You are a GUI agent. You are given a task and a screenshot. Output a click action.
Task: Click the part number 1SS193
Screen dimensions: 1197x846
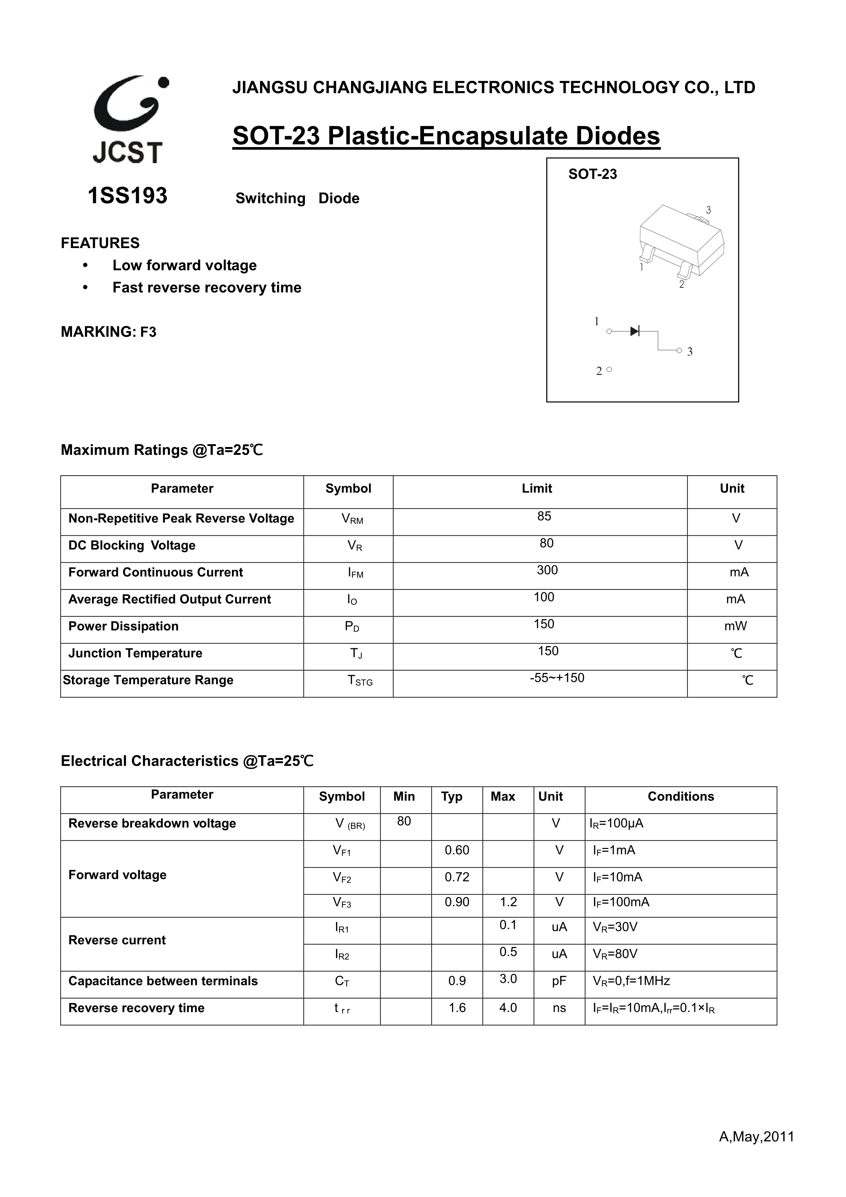click(128, 196)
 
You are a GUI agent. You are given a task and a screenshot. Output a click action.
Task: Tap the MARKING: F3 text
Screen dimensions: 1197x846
click(108, 332)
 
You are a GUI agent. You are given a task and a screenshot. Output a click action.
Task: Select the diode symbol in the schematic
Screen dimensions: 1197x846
click(634, 331)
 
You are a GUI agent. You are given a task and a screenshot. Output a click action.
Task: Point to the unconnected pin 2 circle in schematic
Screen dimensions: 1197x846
click(609, 370)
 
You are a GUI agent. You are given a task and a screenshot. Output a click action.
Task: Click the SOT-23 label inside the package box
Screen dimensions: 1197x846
click(592, 174)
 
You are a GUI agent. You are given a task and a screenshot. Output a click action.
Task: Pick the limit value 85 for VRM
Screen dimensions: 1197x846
click(544, 516)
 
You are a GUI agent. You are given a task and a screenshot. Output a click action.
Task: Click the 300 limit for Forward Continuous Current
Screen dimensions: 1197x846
click(547, 570)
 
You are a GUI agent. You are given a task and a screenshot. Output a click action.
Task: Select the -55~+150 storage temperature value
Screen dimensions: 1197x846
click(557, 678)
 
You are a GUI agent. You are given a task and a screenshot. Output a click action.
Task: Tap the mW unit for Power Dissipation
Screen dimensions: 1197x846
click(735, 626)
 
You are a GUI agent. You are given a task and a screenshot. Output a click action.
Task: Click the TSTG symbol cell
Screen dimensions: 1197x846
click(360, 681)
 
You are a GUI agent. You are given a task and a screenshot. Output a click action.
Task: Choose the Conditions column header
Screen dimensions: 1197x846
click(680, 797)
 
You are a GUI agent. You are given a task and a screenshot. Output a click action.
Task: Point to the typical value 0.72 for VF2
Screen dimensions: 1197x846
click(457, 877)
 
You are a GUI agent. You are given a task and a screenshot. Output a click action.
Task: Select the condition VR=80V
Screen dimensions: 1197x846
click(615, 954)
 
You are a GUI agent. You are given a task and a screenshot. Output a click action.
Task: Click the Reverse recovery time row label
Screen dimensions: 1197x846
click(136, 1008)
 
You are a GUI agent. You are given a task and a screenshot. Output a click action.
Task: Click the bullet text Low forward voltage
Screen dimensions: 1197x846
click(185, 265)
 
